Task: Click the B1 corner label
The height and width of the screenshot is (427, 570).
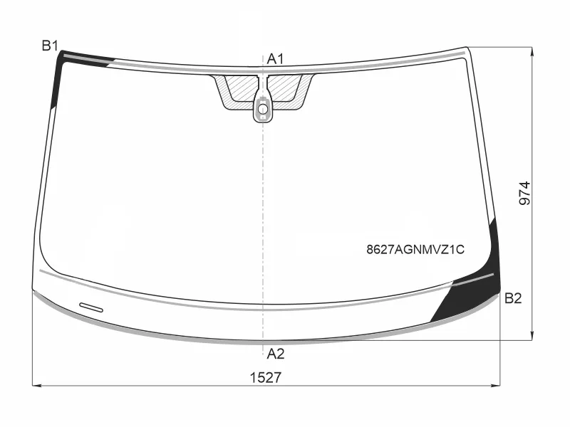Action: (50, 46)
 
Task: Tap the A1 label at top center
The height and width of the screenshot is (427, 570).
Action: (275, 59)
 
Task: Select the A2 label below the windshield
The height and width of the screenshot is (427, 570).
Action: (275, 354)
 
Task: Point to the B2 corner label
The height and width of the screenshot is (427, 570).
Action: (513, 298)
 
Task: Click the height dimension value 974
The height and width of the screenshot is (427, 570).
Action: (524, 194)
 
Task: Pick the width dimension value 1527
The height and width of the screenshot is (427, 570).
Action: (265, 378)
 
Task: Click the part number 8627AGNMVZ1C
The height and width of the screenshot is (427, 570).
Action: (415, 250)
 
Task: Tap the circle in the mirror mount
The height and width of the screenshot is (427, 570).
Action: (263, 109)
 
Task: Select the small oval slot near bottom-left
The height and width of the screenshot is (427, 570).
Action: (91, 307)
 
